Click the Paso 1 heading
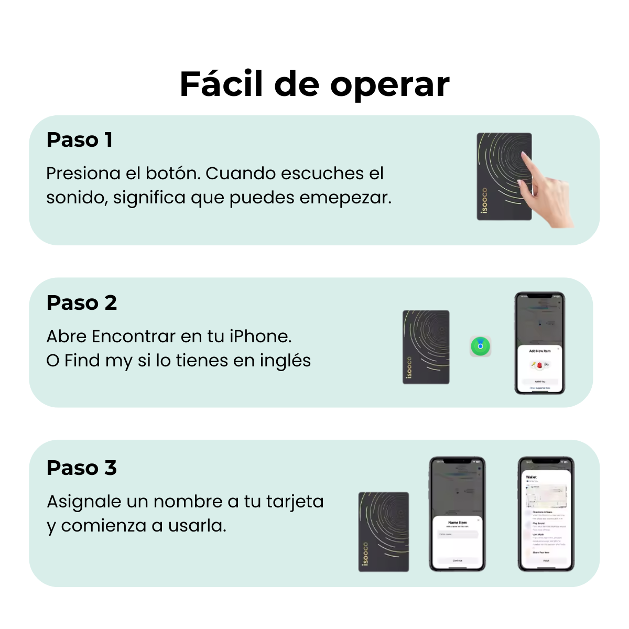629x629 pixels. point(79,140)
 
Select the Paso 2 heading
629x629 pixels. point(81,303)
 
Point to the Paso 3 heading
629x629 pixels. point(81,468)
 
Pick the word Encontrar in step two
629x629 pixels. point(134,337)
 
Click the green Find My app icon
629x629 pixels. point(480,346)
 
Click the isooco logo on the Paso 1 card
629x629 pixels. point(484,201)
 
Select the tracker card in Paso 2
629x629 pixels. point(426,347)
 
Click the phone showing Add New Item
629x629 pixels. point(539,343)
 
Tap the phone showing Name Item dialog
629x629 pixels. point(457,514)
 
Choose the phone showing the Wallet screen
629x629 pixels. point(546,514)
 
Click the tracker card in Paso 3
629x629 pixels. point(383,532)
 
